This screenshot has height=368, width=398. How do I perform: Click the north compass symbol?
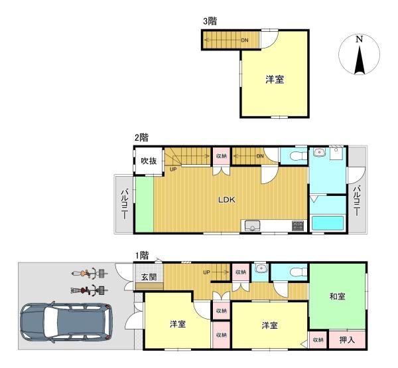(360, 55)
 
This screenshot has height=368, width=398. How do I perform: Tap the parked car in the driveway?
(66, 322)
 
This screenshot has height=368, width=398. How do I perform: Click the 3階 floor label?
(210, 21)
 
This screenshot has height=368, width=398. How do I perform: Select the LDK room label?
(227, 200)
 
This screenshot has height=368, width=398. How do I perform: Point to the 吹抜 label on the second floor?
(149, 161)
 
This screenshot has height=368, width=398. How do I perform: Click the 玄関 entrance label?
(149, 277)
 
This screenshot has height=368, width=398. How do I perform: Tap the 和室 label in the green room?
(337, 296)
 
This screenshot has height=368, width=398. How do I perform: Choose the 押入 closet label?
(347, 340)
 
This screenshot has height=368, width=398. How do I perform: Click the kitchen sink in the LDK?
(252, 226)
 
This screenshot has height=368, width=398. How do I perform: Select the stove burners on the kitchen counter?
(298, 226)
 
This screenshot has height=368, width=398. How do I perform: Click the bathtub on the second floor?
(328, 223)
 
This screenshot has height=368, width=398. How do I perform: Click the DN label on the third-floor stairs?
(245, 40)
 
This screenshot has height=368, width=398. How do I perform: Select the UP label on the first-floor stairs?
(206, 272)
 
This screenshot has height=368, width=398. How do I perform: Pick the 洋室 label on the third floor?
(275, 80)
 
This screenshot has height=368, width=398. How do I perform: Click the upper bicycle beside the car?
(90, 274)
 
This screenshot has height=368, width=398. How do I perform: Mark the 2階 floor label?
(141, 138)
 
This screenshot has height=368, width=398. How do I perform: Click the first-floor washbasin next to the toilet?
(261, 268)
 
